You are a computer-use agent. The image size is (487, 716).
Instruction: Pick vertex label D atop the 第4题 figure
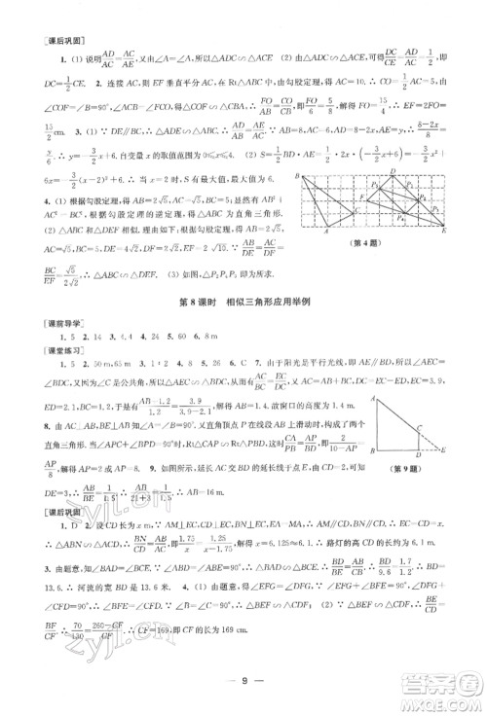(393, 171)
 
